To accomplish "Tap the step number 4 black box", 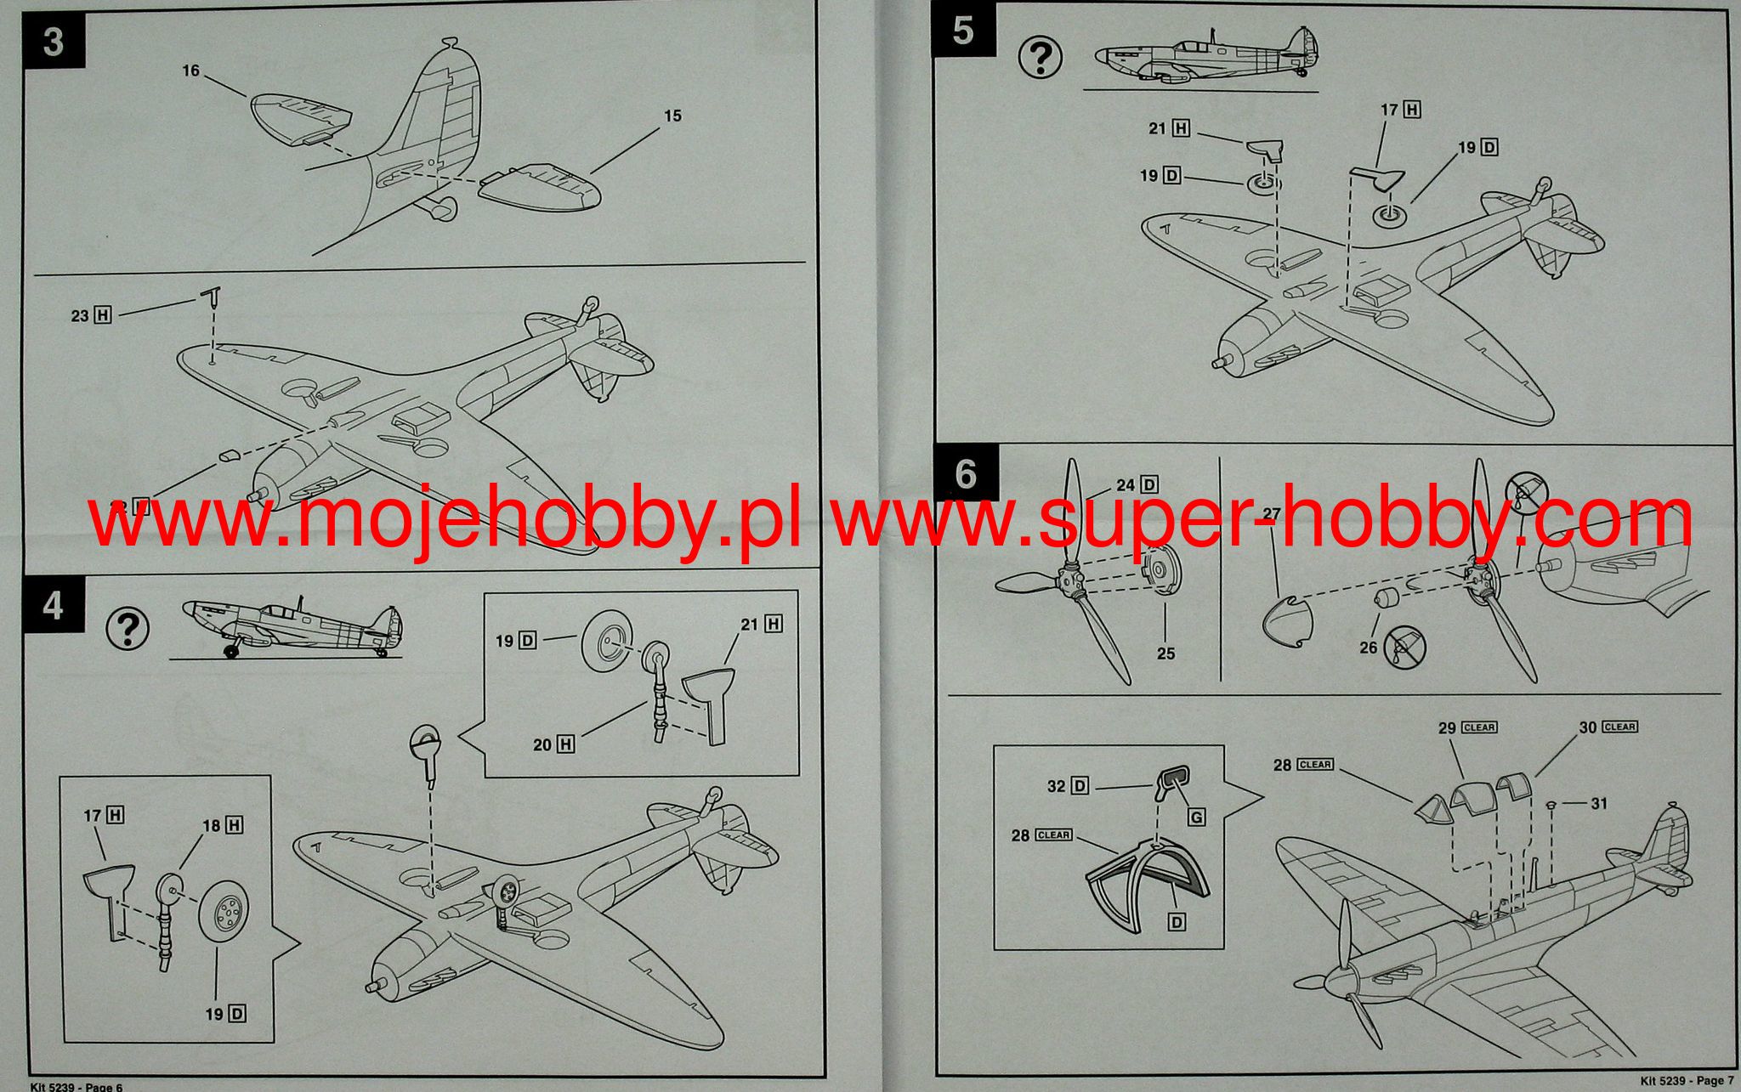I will tap(54, 606).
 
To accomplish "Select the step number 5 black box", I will tap(961, 31).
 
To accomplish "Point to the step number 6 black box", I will tap(965, 474).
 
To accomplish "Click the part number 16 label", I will tap(190, 71).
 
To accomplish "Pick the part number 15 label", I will tap(672, 116).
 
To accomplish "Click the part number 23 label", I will tap(80, 315).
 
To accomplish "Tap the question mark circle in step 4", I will tap(128, 629).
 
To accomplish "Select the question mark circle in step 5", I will tap(1041, 58).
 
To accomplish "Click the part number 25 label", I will tap(1165, 654).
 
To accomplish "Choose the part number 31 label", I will tap(1598, 803).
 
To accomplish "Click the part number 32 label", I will tap(1056, 786).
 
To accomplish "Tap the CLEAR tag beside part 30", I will tap(1620, 727).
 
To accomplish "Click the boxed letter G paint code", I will tap(1197, 818).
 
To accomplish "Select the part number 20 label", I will tap(542, 744).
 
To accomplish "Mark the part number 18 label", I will tap(212, 825).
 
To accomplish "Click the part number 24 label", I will tap(1126, 485).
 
